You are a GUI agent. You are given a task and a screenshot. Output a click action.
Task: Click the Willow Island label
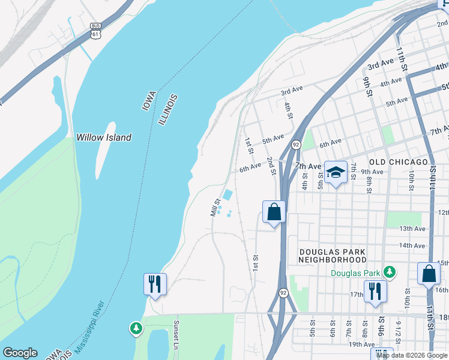tap(103, 137)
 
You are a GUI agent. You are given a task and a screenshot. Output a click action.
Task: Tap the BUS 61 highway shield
tap(95, 31)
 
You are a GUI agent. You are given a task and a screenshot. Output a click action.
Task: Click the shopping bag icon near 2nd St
tap(274, 212)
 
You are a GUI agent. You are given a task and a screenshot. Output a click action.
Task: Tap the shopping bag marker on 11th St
tap(429, 274)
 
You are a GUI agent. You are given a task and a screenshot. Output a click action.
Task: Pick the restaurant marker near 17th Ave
tap(375, 292)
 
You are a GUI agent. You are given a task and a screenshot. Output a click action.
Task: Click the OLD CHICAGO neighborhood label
tap(398, 162)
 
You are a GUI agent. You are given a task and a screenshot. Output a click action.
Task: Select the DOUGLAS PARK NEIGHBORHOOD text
tap(333, 256)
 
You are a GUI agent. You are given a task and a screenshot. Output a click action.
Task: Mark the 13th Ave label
tap(412, 229)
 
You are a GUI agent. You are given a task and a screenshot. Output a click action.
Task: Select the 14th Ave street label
tap(412, 245)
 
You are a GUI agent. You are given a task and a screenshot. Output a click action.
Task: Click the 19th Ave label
tap(361, 344)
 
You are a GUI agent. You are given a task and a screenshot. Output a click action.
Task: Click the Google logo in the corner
tap(20, 353)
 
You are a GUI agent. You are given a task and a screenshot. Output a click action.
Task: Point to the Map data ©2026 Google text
tap(412, 355)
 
